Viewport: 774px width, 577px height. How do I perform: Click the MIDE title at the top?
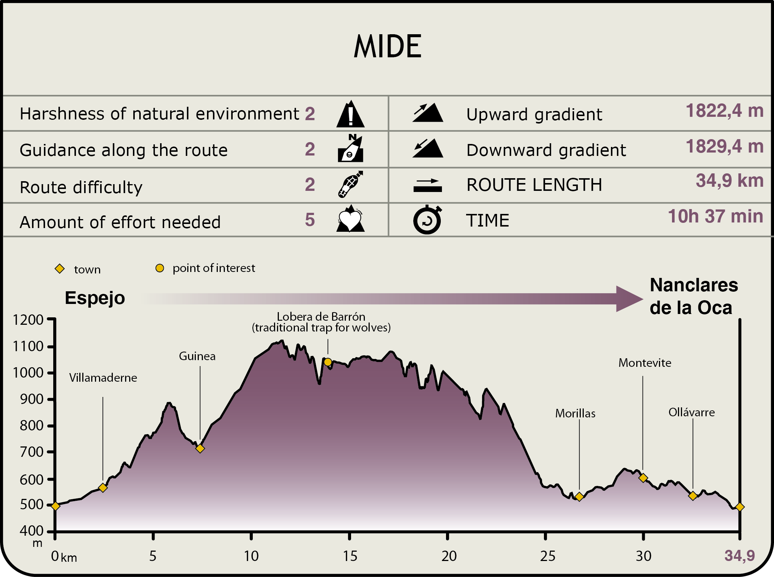pos(388,47)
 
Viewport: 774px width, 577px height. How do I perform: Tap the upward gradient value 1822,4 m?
pos(724,111)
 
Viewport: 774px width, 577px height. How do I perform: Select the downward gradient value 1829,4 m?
pos(724,147)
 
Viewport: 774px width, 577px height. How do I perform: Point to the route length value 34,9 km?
pos(729,181)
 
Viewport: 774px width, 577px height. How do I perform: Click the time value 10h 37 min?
pos(715,217)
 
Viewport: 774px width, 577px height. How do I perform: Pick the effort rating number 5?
pos(310,220)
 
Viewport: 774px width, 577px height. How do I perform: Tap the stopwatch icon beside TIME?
pos(427,220)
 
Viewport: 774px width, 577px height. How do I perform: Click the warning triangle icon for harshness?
pos(350,114)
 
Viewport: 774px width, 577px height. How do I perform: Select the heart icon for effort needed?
pos(350,220)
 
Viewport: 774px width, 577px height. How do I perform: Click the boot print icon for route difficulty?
pos(350,184)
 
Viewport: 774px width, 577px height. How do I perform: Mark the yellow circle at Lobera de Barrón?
pos(328,362)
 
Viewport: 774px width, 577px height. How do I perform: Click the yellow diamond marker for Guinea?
pos(200,448)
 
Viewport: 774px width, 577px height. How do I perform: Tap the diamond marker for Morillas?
pos(579,497)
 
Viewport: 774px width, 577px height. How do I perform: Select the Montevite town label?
pos(645,363)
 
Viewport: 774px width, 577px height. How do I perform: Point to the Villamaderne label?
pos(103,378)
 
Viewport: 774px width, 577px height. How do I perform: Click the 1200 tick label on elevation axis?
pos(28,320)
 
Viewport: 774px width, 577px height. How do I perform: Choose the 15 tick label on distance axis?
pos(350,556)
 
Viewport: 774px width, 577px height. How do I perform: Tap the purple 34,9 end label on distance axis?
pos(739,556)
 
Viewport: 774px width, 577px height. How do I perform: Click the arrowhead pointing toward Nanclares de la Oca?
pos(629,299)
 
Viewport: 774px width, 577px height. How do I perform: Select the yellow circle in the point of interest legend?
pos(160,268)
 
